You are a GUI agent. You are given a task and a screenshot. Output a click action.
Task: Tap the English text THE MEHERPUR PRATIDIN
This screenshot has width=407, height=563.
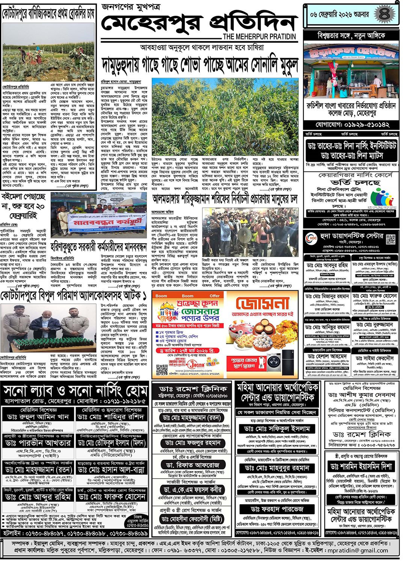[259, 37]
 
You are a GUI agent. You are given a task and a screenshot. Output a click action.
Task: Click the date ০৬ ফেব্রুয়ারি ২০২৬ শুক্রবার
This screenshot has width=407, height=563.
[339, 15]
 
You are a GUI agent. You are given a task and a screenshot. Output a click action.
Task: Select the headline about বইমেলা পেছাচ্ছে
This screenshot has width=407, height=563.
[23, 206]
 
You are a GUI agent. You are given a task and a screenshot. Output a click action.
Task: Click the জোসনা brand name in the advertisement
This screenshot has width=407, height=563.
[262, 303]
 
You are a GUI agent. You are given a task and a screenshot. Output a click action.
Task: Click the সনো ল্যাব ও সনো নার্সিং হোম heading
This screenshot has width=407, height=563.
[75, 391]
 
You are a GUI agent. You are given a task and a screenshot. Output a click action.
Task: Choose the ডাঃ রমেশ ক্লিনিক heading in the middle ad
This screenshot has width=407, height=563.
[193, 389]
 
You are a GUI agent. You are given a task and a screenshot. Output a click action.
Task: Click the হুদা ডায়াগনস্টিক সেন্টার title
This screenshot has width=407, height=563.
[351, 236]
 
